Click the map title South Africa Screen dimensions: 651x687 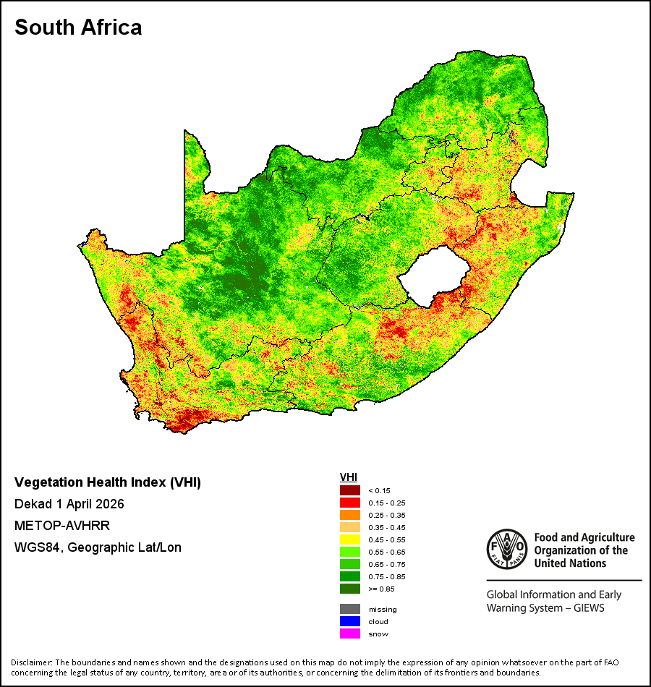(x=78, y=27)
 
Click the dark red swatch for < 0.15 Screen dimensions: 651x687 (x=350, y=490)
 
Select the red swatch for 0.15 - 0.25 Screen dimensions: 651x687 (x=350, y=503)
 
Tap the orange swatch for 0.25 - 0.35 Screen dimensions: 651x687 (x=350, y=515)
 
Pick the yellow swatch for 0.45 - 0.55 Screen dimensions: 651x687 (x=350, y=539)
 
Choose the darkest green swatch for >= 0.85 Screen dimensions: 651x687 (x=350, y=589)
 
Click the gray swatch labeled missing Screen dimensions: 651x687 (x=350, y=609)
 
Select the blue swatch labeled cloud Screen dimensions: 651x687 (x=350, y=621)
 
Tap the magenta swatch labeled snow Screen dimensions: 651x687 (x=350, y=633)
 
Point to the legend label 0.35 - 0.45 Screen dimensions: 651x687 (x=387, y=527)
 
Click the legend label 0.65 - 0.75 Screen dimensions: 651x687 (x=387, y=564)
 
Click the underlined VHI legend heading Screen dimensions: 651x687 (x=349, y=477)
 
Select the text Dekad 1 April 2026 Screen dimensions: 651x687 (x=69, y=504)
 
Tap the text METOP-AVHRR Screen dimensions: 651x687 (x=62, y=525)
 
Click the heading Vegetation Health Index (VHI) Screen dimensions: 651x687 (x=108, y=482)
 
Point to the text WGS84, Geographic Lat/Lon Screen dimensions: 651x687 (x=98, y=547)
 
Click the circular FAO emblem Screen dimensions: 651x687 (x=507, y=550)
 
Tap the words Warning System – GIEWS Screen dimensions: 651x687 (x=545, y=608)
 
